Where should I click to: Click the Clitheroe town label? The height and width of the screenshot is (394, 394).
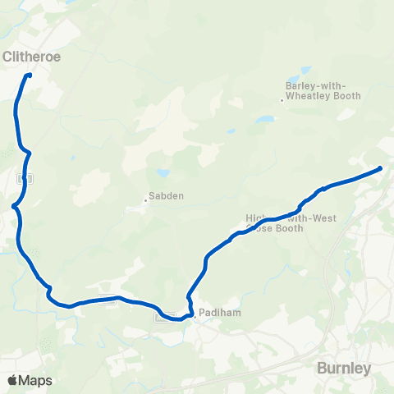(x=33, y=57)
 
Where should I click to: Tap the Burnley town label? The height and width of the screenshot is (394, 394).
(x=344, y=368)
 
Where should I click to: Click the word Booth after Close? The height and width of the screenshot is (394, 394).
(x=289, y=228)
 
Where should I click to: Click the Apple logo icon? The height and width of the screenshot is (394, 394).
(x=12, y=380)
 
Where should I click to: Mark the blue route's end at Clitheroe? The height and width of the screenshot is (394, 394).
(x=29, y=76)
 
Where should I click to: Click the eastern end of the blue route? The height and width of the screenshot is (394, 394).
(x=380, y=169)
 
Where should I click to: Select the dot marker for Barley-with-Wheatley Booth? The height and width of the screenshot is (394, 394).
(x=282, y=101)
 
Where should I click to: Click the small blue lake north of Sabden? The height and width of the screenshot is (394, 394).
(x=163, y=173)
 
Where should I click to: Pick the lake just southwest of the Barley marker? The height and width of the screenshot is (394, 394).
(x=264, y=119)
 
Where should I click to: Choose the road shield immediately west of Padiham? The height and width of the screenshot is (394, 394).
(x=168, y=314)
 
